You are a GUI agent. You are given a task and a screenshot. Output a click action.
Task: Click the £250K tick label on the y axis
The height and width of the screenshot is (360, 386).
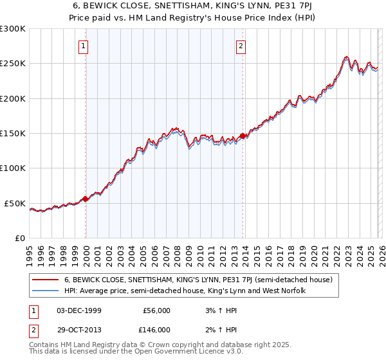(13, 64)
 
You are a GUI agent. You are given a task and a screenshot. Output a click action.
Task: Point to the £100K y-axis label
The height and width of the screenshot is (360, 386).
(13, 168)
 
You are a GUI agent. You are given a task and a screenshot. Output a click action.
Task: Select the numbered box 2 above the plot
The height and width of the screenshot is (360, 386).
(241, 46)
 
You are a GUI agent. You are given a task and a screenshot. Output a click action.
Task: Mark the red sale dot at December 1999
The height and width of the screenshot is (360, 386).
(86, 199)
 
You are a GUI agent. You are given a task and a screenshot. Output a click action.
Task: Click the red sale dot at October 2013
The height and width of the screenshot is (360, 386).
(243, 136)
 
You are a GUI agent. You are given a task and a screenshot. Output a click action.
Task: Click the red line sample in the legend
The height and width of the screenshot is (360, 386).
(45, 280)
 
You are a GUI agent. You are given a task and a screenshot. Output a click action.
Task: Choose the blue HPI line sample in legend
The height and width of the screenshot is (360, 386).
(45, 291)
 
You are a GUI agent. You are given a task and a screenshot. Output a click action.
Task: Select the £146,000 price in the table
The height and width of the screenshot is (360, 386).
(156, 329)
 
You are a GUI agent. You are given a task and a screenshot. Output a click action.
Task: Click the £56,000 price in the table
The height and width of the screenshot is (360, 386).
(156, 310)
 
